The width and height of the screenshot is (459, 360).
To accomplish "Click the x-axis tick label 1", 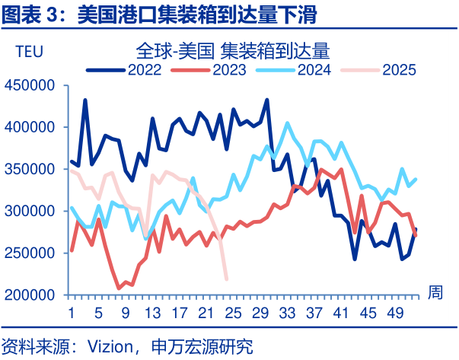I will pyautogui.click(x=72, y=313).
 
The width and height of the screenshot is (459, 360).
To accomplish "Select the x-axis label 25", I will pyautogui.click(x=233, y=313).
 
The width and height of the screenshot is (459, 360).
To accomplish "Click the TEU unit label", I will pyautogui.click(x=29, y=52).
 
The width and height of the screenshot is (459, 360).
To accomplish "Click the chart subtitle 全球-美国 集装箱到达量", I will pyautogui.click(x=232, y=51).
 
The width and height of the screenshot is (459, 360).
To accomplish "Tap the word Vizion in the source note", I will pyautogui.click(x=112, y=345).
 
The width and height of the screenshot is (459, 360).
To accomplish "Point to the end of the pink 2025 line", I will pyautogui.click(x=227, y=279).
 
